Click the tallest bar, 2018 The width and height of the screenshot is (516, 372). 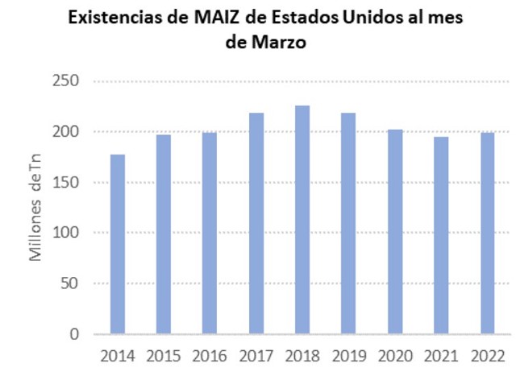pos(302,220)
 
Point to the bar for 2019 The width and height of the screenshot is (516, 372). pos(348,223)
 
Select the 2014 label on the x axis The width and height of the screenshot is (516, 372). pos(117,355)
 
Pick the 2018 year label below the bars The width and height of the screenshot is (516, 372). pos(302,355)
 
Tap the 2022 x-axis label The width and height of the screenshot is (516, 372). pos(487,355)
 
